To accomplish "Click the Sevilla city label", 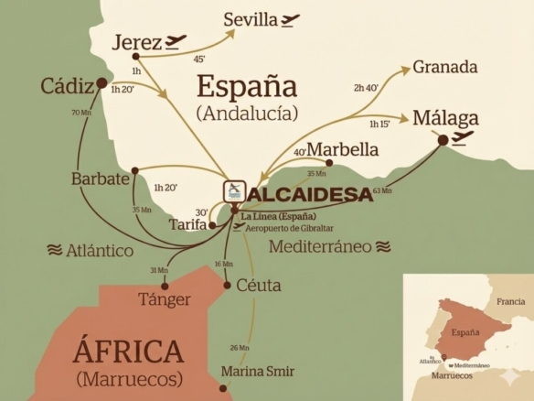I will click(x=252, y=18).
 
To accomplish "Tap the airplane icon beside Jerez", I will click(x=176, y=41).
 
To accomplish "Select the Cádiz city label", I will click(x=66, y=86).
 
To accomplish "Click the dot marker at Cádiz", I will click(x=101, y=84).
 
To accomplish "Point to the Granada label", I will click(x=445, y=67).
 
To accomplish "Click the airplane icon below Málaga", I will click(x=463, y=138).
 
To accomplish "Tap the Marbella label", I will click(x=343, y=149).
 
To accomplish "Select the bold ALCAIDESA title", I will click(x=311, y=194).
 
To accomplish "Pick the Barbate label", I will click(x=100, y=179).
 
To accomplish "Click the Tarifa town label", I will click(x=187, y=224).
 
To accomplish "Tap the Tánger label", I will click(x=164, y=299).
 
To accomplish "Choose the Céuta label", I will click(x=258, y=285).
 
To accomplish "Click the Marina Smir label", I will click(x=258, y=371).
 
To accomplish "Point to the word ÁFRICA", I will click(x=128, y=352).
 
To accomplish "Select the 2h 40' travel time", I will click(x=366, y=88).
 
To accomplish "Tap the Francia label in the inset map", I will click(x=510, y=301).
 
